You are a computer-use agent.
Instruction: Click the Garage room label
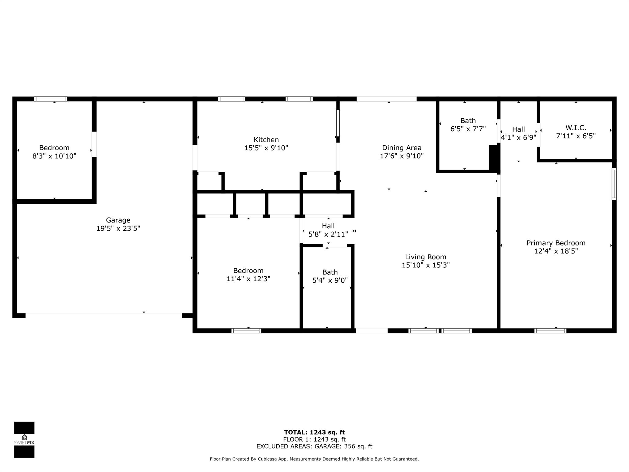coord(118,220)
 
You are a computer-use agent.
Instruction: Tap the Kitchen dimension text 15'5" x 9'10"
coord(266,148)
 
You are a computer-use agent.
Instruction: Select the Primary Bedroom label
coord(556,243)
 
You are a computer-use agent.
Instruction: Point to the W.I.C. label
coord(576,128)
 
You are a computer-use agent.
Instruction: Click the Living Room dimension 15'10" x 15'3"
coord(426,265)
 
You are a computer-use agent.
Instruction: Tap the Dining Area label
coord(402,148)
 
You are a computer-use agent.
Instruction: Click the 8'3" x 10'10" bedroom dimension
coord(54,156)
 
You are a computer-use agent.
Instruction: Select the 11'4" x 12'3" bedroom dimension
coord(248,279)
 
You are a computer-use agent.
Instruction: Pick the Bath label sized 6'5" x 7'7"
coord(468,121)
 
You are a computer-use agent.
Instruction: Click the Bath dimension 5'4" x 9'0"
coord(330,280)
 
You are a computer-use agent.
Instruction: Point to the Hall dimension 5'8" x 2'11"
coord(328,234)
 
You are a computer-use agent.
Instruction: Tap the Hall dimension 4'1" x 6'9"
coord(518,137)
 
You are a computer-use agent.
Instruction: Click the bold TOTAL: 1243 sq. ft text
coord(314,433)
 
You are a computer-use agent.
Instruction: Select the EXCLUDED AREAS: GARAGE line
coord(314,446)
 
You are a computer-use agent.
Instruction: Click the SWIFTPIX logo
coord(24,440)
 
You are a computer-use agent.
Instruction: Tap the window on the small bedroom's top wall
coord(50,99)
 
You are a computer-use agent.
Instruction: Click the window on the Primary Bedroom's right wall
coord(614,184)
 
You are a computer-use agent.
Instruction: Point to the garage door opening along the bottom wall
coord(104,316)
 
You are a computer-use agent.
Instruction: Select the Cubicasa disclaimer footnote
coord(314,459)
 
